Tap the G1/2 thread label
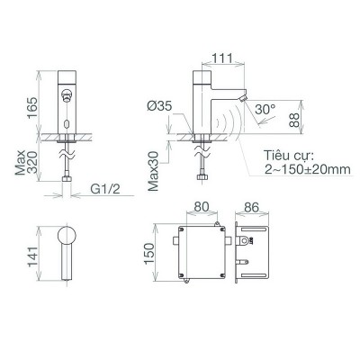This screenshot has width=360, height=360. (x=107, y=191)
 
